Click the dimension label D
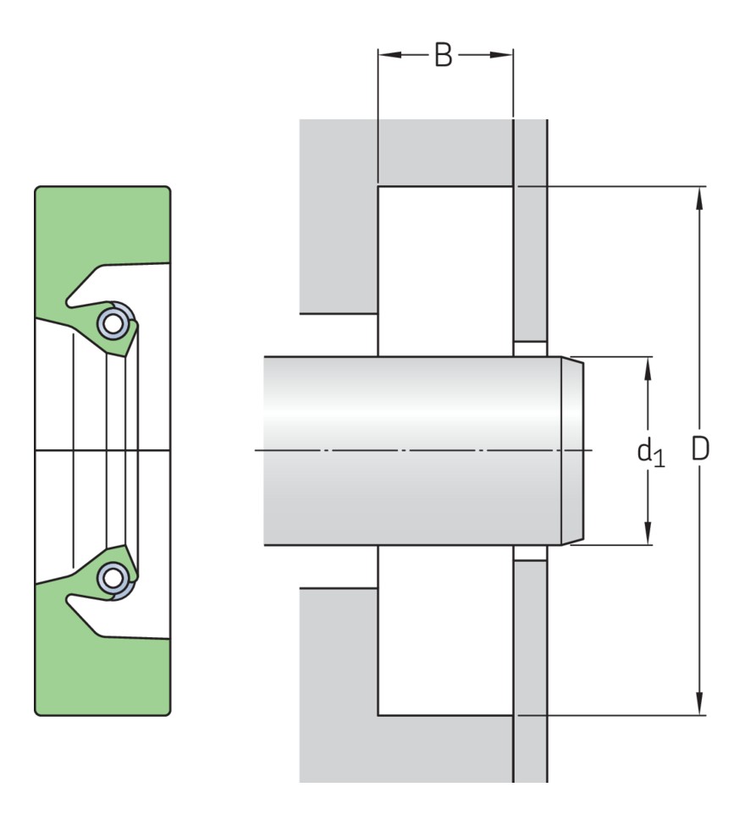[x=700, y=449]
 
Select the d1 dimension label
[x=651, y=452]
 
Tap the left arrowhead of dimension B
[x=389, y=54]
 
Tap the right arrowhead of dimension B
[x=501, y=54]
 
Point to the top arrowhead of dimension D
[x=699, y=198]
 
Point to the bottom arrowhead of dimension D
[x=699, y=703]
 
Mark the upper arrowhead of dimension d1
[x=648, y=369]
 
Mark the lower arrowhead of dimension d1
[x=648, y=533]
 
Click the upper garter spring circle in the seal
[x=113, y=323]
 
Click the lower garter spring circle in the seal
[x=113, y=578]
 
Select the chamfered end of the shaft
[x=572, y=451]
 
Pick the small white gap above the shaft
[x=530, y=349]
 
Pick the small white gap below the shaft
[x=530, y=553]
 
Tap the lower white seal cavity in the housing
[x=445, y=630]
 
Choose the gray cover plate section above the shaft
[x=531, y=231]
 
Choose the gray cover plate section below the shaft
[x=531, y=671]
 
